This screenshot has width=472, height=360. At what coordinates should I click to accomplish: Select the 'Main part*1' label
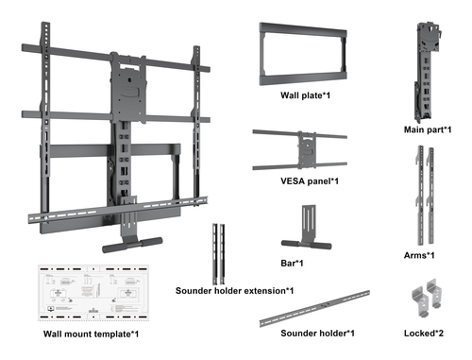(427, 129)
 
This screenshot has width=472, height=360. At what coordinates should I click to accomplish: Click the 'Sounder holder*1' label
(317, 333)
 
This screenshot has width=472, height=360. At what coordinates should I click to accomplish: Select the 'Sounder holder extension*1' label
(234, 290)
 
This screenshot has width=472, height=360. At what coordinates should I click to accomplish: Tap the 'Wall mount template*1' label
(92, 334)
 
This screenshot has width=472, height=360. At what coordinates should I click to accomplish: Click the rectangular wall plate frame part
(299, 55)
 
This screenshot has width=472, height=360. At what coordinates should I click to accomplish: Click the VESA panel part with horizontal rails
(300, 148)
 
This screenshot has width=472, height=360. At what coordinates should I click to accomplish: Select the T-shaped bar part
(300, 232)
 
